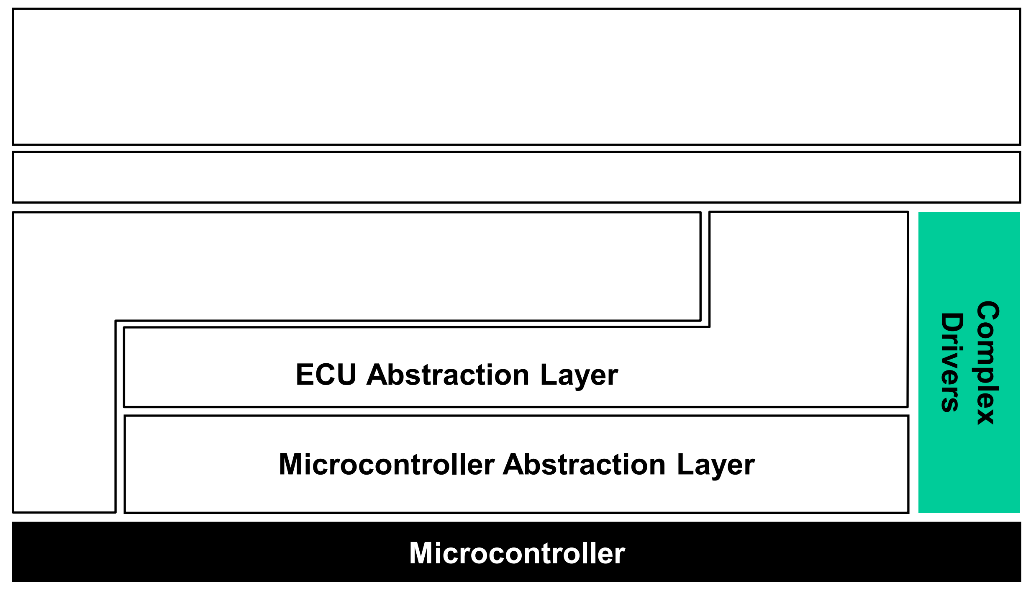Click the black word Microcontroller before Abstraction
pos(387,465)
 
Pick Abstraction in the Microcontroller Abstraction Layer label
pos(585,465)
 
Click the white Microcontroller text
pos(517,553)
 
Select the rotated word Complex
pos(988,362)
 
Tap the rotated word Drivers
pos(952,362)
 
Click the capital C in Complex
pos(988,312)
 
